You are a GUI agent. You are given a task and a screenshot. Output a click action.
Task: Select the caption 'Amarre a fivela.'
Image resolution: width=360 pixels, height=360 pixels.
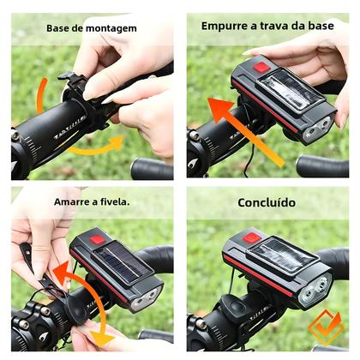(x=90, y=202)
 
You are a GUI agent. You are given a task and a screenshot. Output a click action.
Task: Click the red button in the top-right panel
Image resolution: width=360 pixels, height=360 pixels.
(x=261, y=66)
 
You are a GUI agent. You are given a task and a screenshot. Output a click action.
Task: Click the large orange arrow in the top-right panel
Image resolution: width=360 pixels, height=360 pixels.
(x=244, y=129)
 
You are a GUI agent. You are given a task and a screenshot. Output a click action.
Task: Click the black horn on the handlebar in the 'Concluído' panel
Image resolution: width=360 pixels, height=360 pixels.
(x=236, y=309)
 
